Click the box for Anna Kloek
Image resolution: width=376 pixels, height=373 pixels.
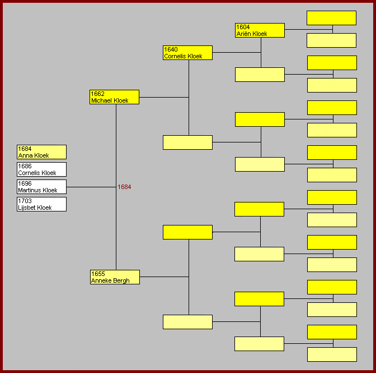(41, 152)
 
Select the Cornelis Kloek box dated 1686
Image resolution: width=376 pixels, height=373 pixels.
(41, 169)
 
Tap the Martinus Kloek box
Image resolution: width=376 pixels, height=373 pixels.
(41, 187)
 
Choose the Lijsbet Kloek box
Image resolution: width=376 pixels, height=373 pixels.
(41, 204)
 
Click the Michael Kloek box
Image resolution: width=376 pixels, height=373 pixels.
(114, 97)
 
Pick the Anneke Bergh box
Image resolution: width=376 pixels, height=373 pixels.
(115, 277)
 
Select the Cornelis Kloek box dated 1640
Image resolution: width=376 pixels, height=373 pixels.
(187, 53)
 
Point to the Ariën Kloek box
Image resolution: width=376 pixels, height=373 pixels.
(260, 30)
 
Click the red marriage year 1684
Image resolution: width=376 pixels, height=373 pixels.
(124, 187)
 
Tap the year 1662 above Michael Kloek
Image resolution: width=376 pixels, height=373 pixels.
(97, 94)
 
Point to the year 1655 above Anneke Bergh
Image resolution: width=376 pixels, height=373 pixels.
(98, 274)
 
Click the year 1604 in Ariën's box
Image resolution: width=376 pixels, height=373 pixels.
(243, 27)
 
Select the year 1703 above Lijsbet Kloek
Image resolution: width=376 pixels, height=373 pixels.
(25, 201)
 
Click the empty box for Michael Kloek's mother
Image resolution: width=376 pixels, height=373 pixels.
(187, 142)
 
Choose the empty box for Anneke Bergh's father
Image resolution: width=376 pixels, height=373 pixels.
(187, 232)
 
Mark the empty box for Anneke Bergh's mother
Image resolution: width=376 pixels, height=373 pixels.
(187, 322)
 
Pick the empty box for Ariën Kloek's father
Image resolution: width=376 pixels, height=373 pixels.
(331, 18)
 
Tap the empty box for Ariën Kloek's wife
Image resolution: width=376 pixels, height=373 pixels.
(260, 75)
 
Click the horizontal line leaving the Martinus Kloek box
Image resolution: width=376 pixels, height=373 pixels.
(91, 187)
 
